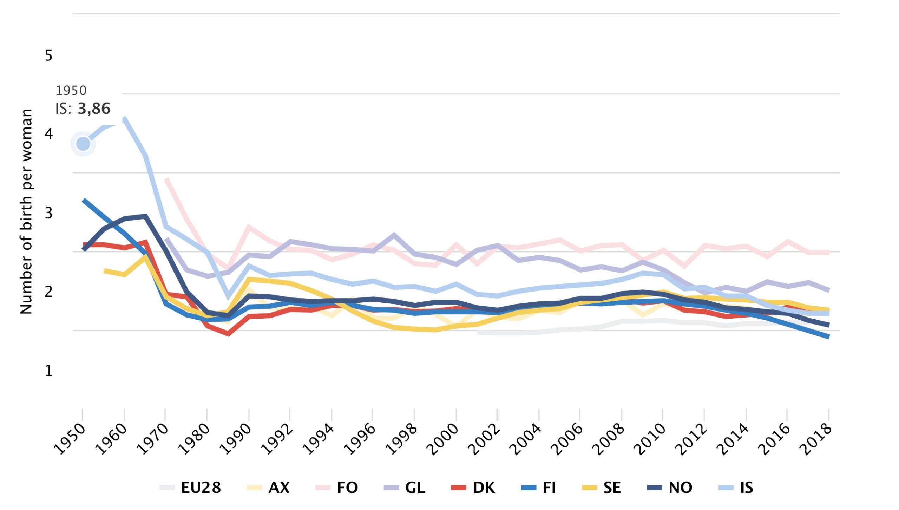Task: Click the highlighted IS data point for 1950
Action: click(x=83, y=144)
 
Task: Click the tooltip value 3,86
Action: click(x=94, y=109)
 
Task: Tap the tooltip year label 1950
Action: click(x=71, y=91)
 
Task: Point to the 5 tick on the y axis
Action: click(x=49, y=55)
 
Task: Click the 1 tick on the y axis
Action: click(x=49, y=371)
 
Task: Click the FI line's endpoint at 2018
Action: click(x=828, y=336)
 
